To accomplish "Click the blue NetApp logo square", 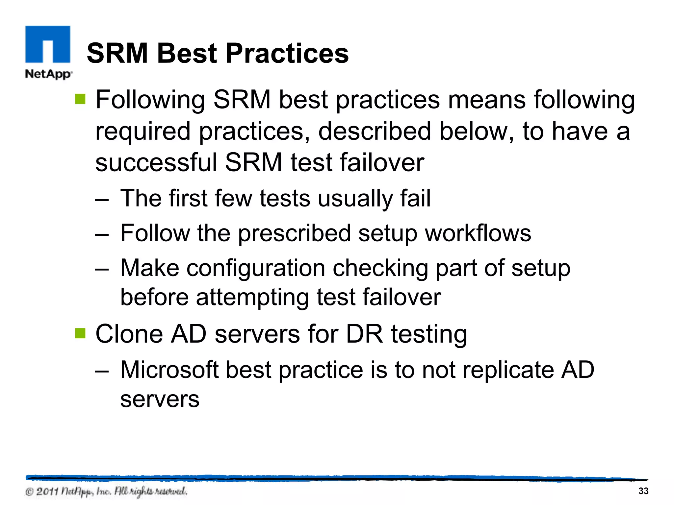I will point(48,44).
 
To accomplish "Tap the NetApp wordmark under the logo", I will point(48,74).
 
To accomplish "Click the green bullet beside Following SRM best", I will point(80,99).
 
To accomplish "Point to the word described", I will point(374,132).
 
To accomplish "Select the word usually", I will point(355,199).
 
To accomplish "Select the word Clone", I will point(129,334).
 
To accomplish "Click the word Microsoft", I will point(169,370).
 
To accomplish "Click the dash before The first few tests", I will point(102,200).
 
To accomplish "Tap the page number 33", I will point(643,491).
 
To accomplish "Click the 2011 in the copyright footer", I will point(47,492).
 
